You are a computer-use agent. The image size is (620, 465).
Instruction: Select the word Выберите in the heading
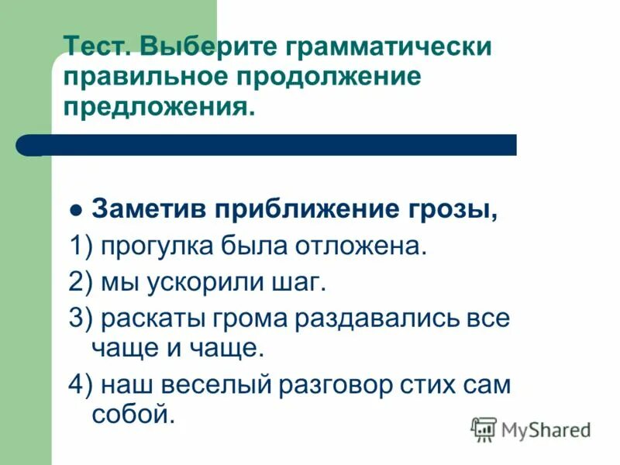(207, 46)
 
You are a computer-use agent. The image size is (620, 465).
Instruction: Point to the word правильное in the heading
(149, 77)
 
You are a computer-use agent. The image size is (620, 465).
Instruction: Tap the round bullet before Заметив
(75, 212)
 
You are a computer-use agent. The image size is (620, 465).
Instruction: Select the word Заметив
(148, 210)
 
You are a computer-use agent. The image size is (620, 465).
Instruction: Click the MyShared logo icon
(484, 429)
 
